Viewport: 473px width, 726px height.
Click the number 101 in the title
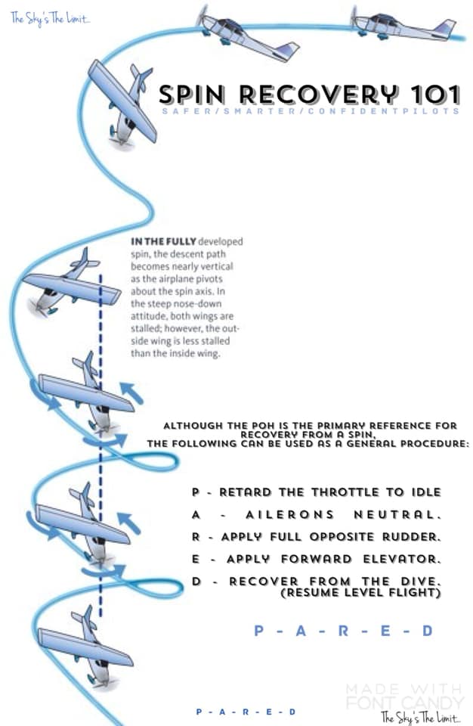pyautogui.click(x=435, y=95)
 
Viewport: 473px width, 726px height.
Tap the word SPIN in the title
pyautogui.click(x=192, y=95)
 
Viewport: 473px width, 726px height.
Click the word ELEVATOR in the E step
pyautogui.click(x=402, y=559)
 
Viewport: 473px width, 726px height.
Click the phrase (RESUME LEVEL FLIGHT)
pyautogui.click(x=360, y=593)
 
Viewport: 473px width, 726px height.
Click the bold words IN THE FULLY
pyautogui.click(x=163, y=241)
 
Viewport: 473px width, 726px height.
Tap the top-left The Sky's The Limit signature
pyautogui.click(x=50, y=19)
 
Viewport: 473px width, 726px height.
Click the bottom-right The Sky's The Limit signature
pyautogui.click(x=421, y=717)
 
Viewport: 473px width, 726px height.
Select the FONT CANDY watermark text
pyautogui.click(x=405, y=702)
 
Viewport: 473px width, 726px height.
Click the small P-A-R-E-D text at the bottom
pyautogui.click(x=246, y=712)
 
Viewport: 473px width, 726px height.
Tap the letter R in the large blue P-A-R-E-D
pyautogui.click(x=343, y=631)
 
